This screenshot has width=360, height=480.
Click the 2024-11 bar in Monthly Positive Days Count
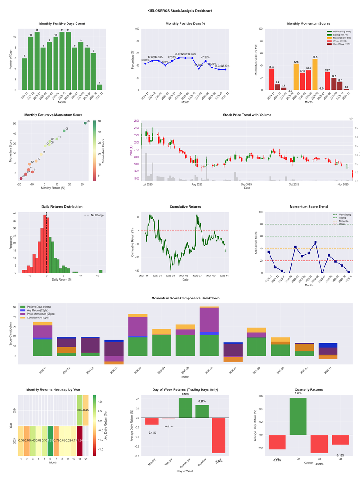click(24, 74)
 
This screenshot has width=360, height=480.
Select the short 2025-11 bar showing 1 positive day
click(99, 87)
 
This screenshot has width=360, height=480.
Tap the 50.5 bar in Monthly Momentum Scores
click(315, 74)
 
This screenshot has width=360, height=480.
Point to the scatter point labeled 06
click(85, 123)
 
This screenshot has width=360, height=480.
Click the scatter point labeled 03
click(64, 131)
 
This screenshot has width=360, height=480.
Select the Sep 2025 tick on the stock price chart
click(246, 184)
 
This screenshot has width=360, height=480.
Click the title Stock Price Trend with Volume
click(247, 115)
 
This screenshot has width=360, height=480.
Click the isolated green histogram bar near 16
click(101, 271)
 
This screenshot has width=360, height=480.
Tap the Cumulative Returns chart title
click(185, 207)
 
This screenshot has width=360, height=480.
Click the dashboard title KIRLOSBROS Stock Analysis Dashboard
click(180, 11)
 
